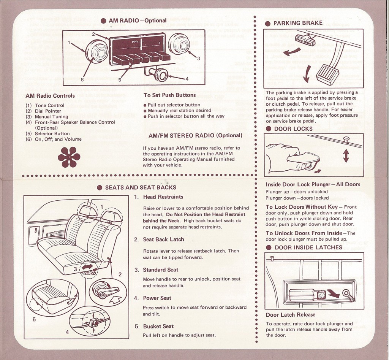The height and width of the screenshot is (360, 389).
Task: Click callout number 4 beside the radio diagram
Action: coord(186,79)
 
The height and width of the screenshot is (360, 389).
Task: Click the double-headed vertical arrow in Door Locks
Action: coord(346,155)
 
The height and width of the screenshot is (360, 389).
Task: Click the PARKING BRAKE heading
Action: coord(297,23)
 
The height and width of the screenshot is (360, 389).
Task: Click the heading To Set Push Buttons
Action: coord(169,95)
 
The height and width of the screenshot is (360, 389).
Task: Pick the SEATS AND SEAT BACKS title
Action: coord(141,187)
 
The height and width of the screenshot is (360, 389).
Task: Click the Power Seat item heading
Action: coord(157,298)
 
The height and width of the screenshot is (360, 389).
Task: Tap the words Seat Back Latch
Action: coord(163,239)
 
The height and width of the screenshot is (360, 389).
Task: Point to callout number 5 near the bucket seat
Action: coord(34,319)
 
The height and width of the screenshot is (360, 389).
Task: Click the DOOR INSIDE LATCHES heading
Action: coord(308,247)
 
